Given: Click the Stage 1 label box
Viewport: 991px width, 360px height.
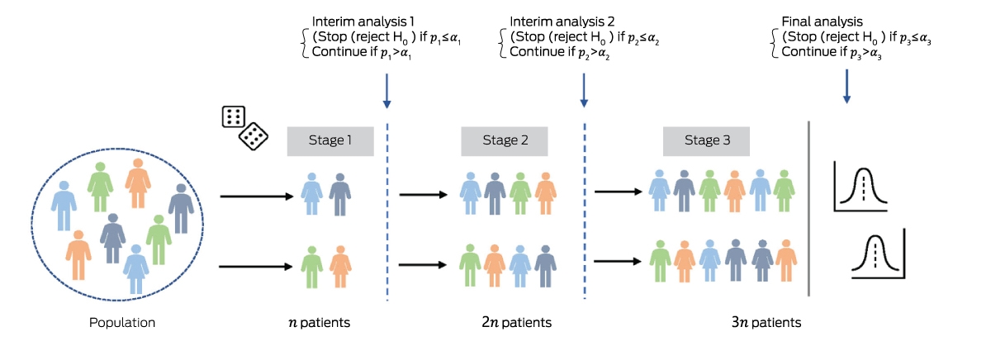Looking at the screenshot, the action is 330,141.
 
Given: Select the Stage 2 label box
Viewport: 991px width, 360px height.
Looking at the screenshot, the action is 505,141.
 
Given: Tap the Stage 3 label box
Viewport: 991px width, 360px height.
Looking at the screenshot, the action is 706,141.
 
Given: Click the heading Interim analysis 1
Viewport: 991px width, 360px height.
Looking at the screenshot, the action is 363,21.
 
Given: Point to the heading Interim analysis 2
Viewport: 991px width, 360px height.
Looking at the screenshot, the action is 562,21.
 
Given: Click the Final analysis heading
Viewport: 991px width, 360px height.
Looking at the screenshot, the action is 822,21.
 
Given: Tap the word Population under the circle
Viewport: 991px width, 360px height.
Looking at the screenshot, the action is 122,322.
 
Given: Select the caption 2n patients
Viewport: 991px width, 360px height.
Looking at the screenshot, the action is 517,322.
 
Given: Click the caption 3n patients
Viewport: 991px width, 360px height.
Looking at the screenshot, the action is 766,322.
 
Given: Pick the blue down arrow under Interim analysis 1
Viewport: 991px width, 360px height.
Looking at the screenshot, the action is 386,91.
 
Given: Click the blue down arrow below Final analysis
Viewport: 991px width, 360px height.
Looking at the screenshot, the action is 846,86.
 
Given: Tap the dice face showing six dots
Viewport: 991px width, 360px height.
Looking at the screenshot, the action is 233,116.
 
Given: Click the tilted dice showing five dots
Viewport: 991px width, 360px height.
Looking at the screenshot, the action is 254,136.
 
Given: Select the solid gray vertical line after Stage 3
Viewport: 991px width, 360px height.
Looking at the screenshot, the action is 808,208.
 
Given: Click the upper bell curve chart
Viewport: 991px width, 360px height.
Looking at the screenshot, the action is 861,186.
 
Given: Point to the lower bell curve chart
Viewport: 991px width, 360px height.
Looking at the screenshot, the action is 879,253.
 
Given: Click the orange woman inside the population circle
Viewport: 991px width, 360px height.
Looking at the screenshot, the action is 138,183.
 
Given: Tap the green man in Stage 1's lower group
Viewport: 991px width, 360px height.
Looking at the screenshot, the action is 312,268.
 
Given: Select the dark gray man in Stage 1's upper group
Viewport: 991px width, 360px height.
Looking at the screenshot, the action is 340,195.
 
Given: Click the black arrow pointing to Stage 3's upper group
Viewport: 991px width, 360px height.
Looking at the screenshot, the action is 618,192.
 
